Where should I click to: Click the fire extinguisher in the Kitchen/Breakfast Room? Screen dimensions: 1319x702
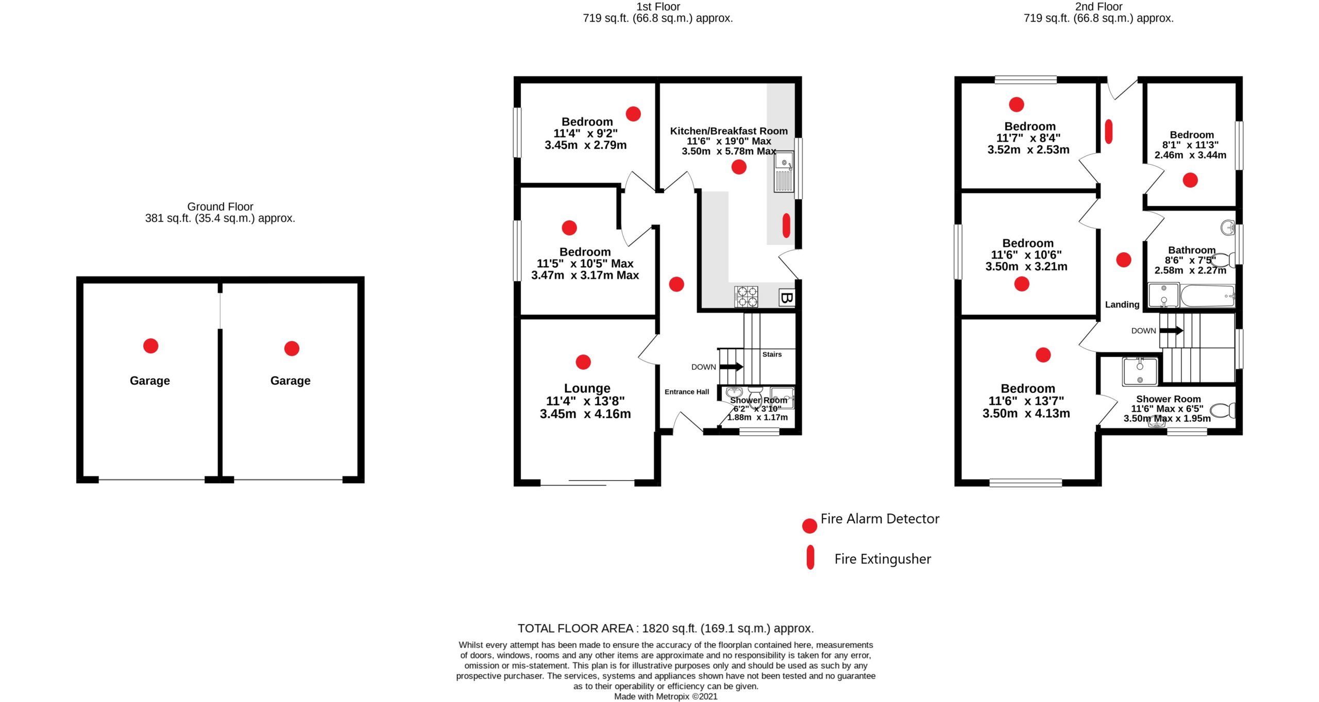pos(786,226)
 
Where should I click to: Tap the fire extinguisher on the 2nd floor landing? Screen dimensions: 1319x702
pos(1109,132)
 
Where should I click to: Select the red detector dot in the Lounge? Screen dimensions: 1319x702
pos(583,362)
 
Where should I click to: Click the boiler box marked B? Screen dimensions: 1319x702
pos(787,298)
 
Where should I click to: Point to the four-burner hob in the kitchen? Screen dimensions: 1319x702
pos(746,297)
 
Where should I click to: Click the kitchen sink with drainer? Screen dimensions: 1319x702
pos(784,172)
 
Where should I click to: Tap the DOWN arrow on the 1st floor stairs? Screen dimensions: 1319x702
pos(731,367)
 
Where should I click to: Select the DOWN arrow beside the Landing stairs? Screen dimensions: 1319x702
pos(1171,330)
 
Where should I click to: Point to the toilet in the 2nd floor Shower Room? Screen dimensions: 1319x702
pos(1223,410)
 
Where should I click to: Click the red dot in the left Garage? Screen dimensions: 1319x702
pos(151,346)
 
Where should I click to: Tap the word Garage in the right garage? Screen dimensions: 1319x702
pos(291,381)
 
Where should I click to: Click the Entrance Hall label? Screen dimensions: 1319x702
pos(687,392)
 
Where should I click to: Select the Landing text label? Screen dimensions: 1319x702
pos(1122,304)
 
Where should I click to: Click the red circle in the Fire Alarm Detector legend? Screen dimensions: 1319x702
pos(809,526)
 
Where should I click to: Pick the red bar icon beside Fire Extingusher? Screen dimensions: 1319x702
pos(810,557)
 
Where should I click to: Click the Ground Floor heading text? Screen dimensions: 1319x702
pos(220,207)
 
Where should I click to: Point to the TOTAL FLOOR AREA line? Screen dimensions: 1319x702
pos(666,628)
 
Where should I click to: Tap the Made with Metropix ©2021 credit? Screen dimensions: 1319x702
pos(666,696)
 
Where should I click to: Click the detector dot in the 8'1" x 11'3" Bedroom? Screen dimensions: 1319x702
pos(1190,180)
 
